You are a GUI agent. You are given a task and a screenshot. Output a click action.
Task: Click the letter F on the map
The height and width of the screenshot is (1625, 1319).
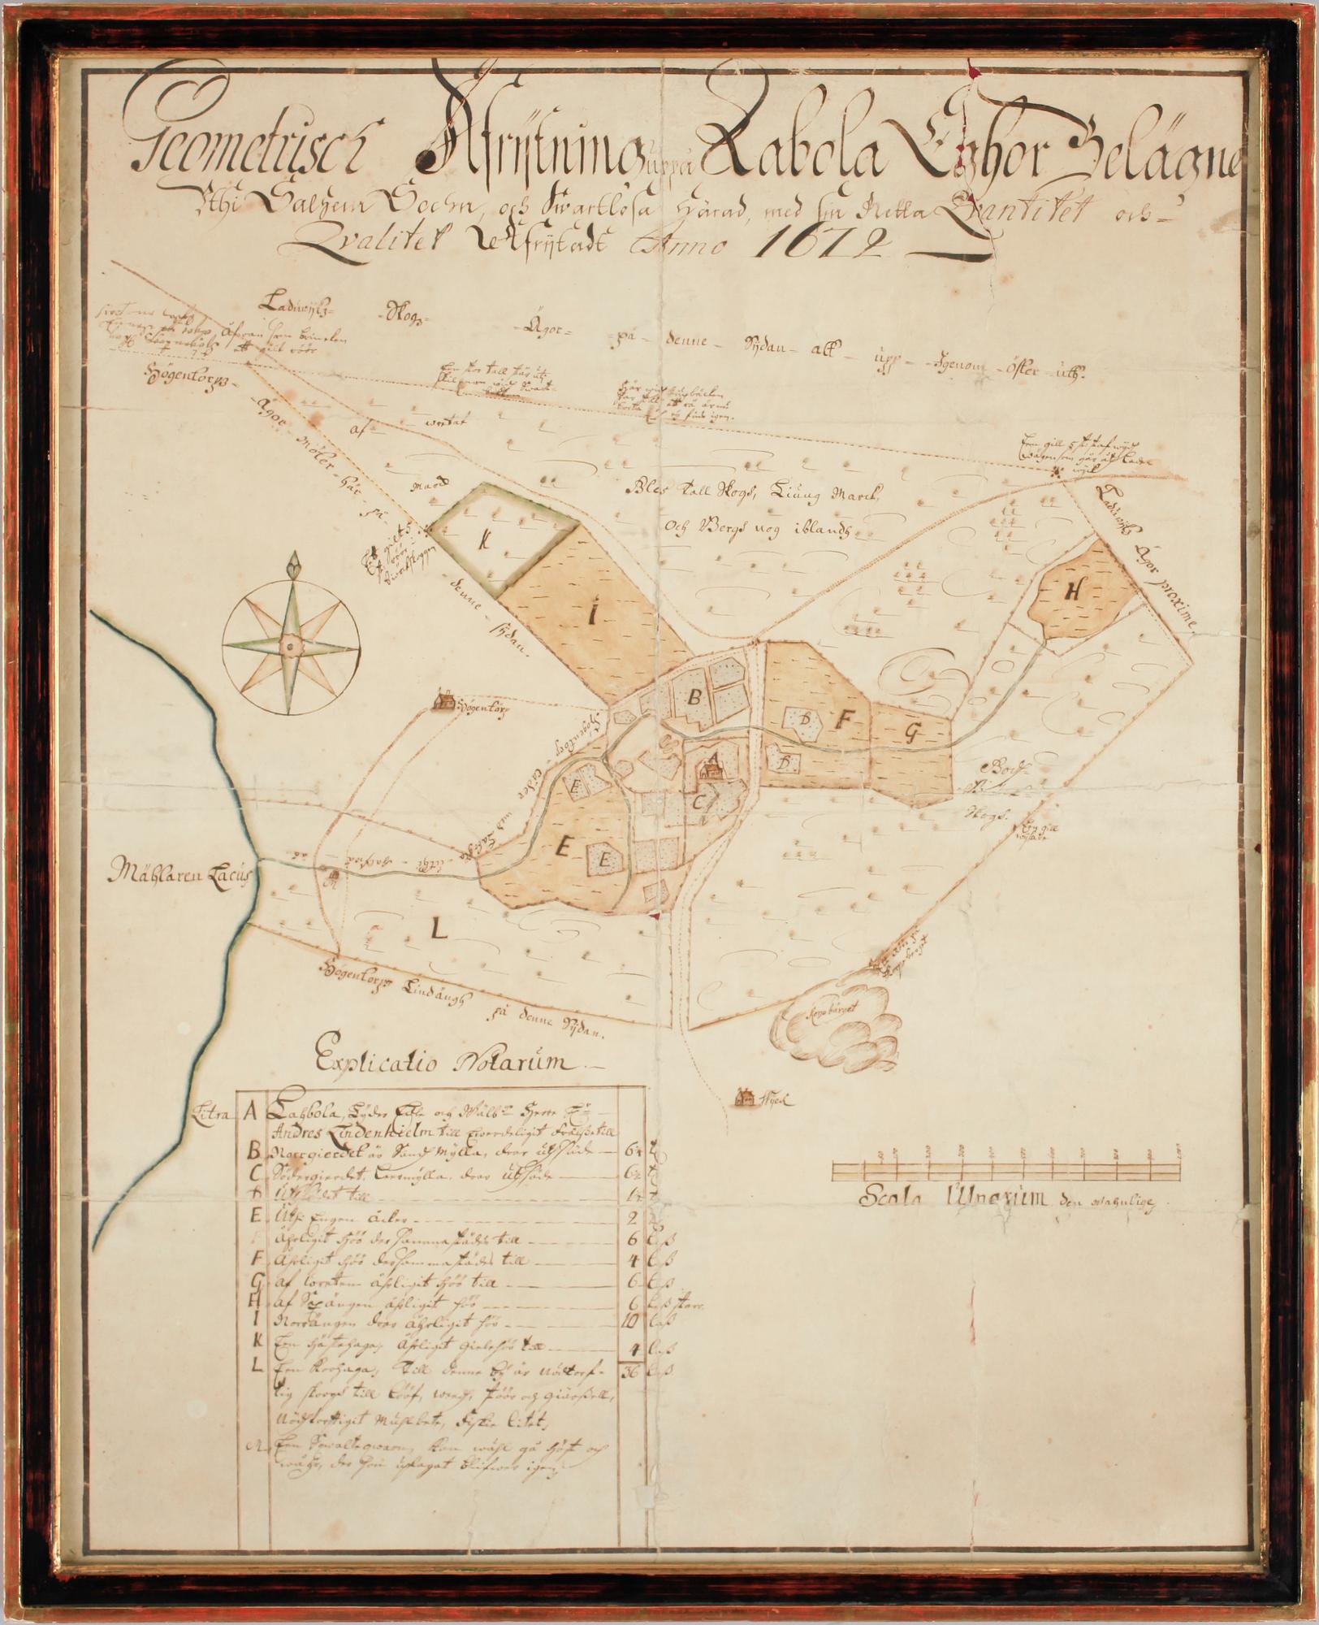pyautogui.click(x=846, y=719)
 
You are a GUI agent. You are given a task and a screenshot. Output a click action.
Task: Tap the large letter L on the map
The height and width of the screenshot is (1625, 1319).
pyautogui.click(x=439, y=930)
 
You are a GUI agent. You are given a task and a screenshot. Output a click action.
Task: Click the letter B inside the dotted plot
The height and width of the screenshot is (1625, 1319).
pyautogui.click(x=695, y=696)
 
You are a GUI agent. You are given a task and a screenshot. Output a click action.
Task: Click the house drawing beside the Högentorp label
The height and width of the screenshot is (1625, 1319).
pyautogui.click(x=443, y=700)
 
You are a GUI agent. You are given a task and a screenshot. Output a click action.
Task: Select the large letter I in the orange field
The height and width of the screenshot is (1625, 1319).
pyautogui.click(x=592, y=616)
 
